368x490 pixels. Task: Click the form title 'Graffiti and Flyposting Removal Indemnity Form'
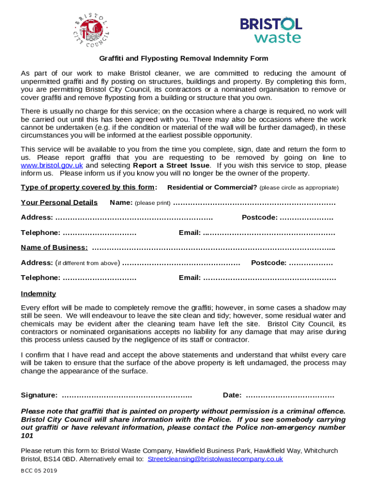184,58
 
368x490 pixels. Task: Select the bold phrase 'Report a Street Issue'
171,166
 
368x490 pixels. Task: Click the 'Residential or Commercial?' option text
212,188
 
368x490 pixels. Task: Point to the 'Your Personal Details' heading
59,202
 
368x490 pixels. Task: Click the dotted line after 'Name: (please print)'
254,203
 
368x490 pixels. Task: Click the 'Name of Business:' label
54,247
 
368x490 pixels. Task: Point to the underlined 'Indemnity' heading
38,294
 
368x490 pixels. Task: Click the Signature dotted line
127,396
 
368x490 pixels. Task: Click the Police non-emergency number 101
27,436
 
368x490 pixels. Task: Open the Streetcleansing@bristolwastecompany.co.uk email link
215,459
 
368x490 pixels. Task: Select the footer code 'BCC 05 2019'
39,471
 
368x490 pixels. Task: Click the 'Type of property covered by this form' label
89,187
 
